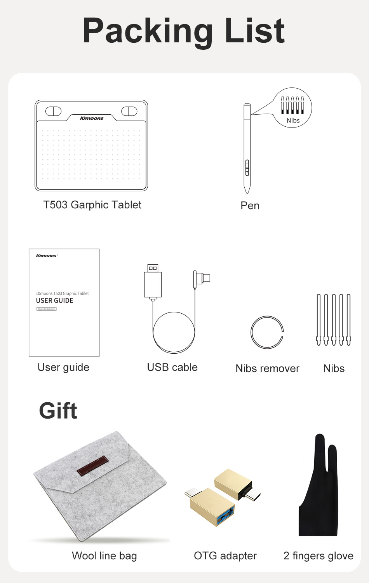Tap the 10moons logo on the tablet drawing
[92, 118]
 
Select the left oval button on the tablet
[53, 111]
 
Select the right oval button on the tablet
[129, 111]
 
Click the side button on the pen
[247, 168]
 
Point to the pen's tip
[247, 194]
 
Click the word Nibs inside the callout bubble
[293, 120]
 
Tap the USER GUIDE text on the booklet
[55, 300]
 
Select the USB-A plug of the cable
[153, 282]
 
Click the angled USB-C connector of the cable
[202, 279]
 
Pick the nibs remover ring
[251, 332]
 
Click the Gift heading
[58, 410]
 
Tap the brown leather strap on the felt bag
[92, 465]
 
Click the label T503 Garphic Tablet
[92, 205]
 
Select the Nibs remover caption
[267, 368]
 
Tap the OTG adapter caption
[225, 556]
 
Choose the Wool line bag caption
[104, 556]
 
